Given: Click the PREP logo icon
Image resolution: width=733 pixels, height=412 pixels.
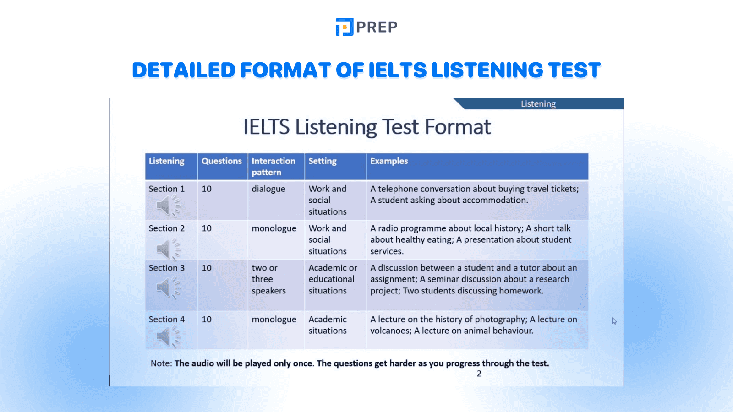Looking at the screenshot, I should pos(344,27).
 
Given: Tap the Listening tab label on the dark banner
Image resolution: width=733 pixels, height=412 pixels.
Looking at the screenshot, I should pos(538,104).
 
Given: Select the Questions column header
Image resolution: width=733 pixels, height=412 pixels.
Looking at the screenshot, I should pos(222,161).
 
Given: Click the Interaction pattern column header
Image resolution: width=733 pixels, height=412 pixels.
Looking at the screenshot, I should pos(274,167).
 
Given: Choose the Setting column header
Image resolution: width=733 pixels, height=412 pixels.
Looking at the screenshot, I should pos(323,161).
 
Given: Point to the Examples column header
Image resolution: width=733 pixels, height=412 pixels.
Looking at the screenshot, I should pos(389,161).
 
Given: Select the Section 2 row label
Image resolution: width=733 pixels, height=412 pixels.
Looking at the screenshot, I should pos(167,228).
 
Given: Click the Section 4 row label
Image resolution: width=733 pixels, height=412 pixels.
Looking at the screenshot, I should pos(167,319).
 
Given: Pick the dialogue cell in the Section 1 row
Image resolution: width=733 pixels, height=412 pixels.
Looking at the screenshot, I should pos(268,189).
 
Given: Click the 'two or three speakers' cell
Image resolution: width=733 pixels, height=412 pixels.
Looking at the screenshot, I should pos(268,279).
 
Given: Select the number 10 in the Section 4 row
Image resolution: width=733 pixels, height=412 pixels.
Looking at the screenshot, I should pos(207,319).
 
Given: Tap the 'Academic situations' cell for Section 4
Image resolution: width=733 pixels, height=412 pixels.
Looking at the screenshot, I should pos(328,325).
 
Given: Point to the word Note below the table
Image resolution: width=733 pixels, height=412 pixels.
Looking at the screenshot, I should pos(161,363).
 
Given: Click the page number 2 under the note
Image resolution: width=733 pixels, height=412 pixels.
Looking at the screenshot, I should pos(479,374).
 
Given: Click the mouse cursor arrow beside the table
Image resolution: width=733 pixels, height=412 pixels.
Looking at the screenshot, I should pos(614,321).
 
